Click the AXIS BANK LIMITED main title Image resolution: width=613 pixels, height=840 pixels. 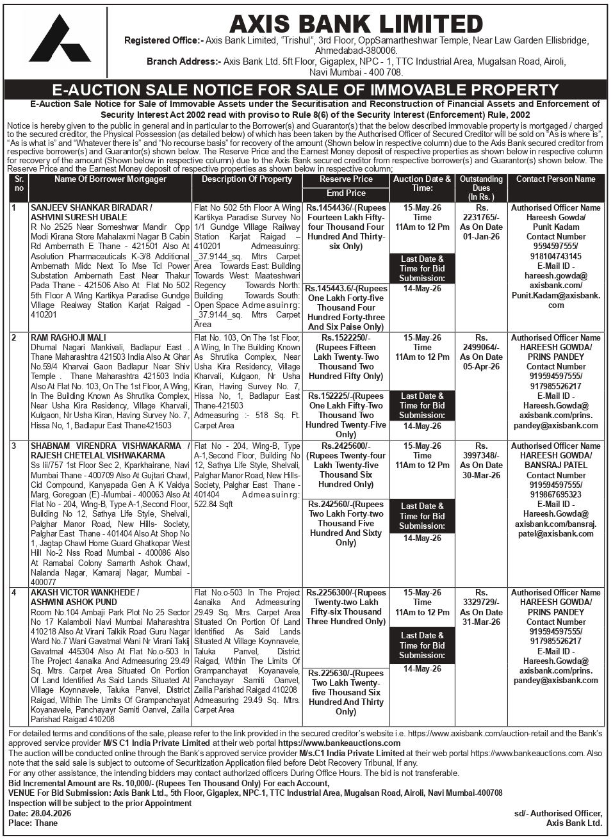(x=356, y=24)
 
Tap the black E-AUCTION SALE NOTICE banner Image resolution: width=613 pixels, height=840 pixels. (x=306, y=90)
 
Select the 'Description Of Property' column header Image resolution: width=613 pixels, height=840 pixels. (x=247, y=179)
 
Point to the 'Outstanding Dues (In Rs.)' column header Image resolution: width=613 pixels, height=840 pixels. (x=481, y=188)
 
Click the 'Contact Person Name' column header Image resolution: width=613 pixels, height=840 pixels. (x=555, y=179)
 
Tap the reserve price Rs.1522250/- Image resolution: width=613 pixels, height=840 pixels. (x=346, y=337)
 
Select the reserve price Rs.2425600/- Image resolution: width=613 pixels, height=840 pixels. (x=346, y=446)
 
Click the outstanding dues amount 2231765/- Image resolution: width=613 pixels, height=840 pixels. (x=481, y=218)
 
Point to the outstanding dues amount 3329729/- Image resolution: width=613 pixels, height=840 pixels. (x=481, y=602)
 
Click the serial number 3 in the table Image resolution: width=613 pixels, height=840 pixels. (x=14, y=446)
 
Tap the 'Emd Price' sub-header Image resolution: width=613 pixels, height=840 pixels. (x=346, y=193)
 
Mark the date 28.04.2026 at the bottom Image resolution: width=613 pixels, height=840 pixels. (x=50, y=813)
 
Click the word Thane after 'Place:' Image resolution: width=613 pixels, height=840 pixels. (x=45, y=823)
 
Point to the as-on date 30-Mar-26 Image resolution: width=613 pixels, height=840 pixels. (x=481, y=475)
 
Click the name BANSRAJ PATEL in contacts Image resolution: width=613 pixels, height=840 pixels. (x=555, y=465)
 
